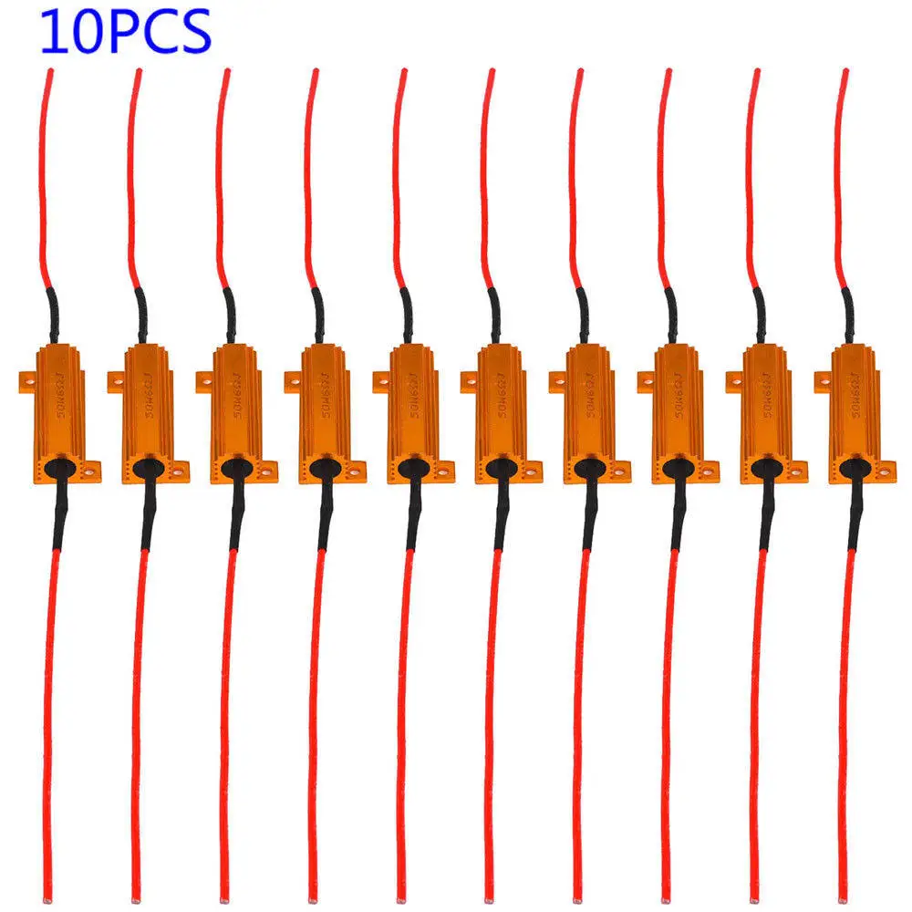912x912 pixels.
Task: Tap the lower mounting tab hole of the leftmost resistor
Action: tap(91, 471)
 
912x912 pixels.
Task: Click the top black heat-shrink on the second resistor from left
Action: tap(140, 315)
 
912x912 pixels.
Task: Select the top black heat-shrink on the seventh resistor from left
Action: tap(582, 315)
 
